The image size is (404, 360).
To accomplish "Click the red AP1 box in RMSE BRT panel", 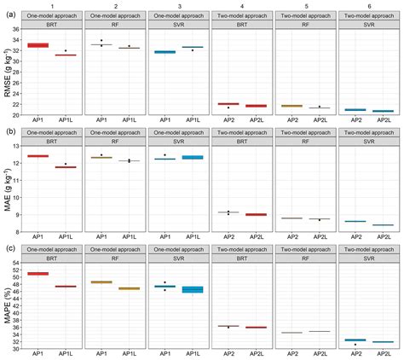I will point(38,45).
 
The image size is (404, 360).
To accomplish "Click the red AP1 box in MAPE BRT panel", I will point(38,274).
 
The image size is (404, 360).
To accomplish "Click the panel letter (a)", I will point(8,13).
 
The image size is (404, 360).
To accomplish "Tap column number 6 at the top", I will point(367,6).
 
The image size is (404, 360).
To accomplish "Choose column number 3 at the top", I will point(178,6).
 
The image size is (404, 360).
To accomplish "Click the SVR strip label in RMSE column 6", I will point(367,26).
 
